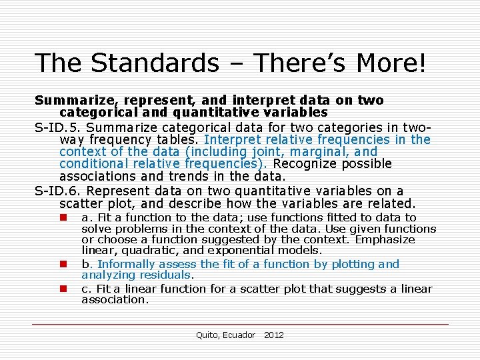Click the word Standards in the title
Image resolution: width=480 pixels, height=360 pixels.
[155, 63]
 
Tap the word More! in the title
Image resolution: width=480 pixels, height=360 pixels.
[391, 63]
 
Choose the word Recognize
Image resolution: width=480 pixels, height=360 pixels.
[307, 163]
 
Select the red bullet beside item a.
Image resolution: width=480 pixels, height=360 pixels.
[61, 217]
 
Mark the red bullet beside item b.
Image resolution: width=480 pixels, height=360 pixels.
[61, 264]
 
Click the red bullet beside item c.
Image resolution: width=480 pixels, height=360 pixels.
[61, 289]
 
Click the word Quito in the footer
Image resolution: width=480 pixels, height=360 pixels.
[207, 335]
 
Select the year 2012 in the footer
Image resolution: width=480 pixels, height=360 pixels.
[274, 335]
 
